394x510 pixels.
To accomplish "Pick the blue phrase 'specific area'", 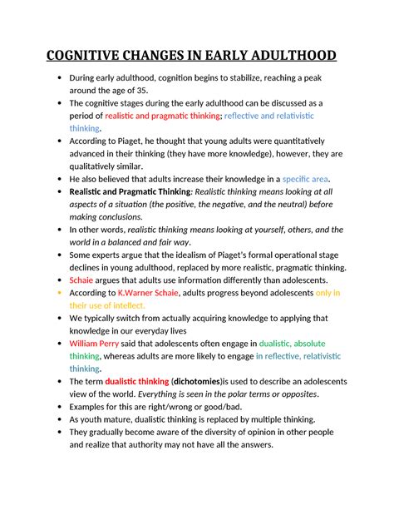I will pyautogui.click(x=306, y=179).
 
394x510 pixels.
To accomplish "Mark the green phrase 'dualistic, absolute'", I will pyautogui.click(x=292, y=343).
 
